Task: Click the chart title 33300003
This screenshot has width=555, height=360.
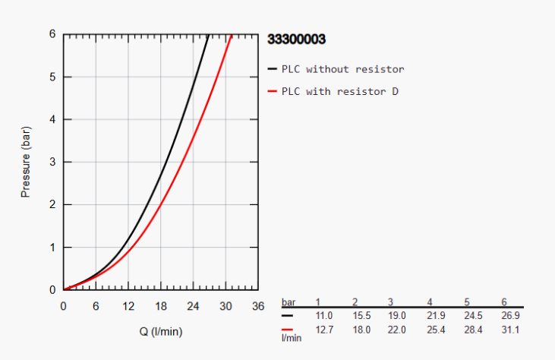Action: (x=297, y=38)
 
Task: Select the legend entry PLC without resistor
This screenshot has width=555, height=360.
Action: (x=342, y=69)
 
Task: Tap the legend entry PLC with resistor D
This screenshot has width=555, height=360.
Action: (x=340, y=92)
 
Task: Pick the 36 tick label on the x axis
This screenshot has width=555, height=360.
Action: (x=259, y=306)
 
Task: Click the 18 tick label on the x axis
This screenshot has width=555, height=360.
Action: (x=161, y=306)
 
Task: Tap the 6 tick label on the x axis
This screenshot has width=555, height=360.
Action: (x=96, y=306)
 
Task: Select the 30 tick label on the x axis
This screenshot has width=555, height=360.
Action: (x=226, y=306)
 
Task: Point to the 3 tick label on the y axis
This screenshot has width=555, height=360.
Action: (x=53, y=162)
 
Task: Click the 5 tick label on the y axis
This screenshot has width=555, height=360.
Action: (x=53, y=77)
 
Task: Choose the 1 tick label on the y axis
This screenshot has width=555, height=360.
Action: (x=53, y=248)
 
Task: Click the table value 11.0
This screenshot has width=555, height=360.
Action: (x=324, y=315)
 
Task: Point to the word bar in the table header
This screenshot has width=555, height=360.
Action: (x=289, y=302)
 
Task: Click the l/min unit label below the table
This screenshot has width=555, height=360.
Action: (x=292, y=337)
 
